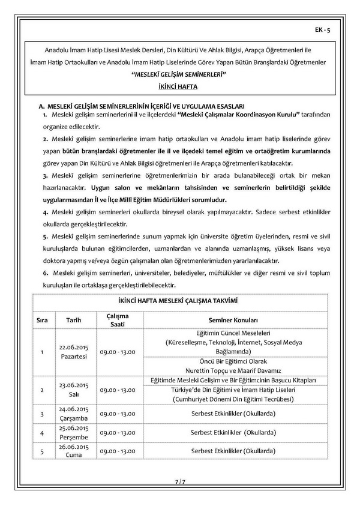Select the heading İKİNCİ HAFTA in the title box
click(179, 86)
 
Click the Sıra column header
click(42, 320)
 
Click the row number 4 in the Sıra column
click(42, 432)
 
